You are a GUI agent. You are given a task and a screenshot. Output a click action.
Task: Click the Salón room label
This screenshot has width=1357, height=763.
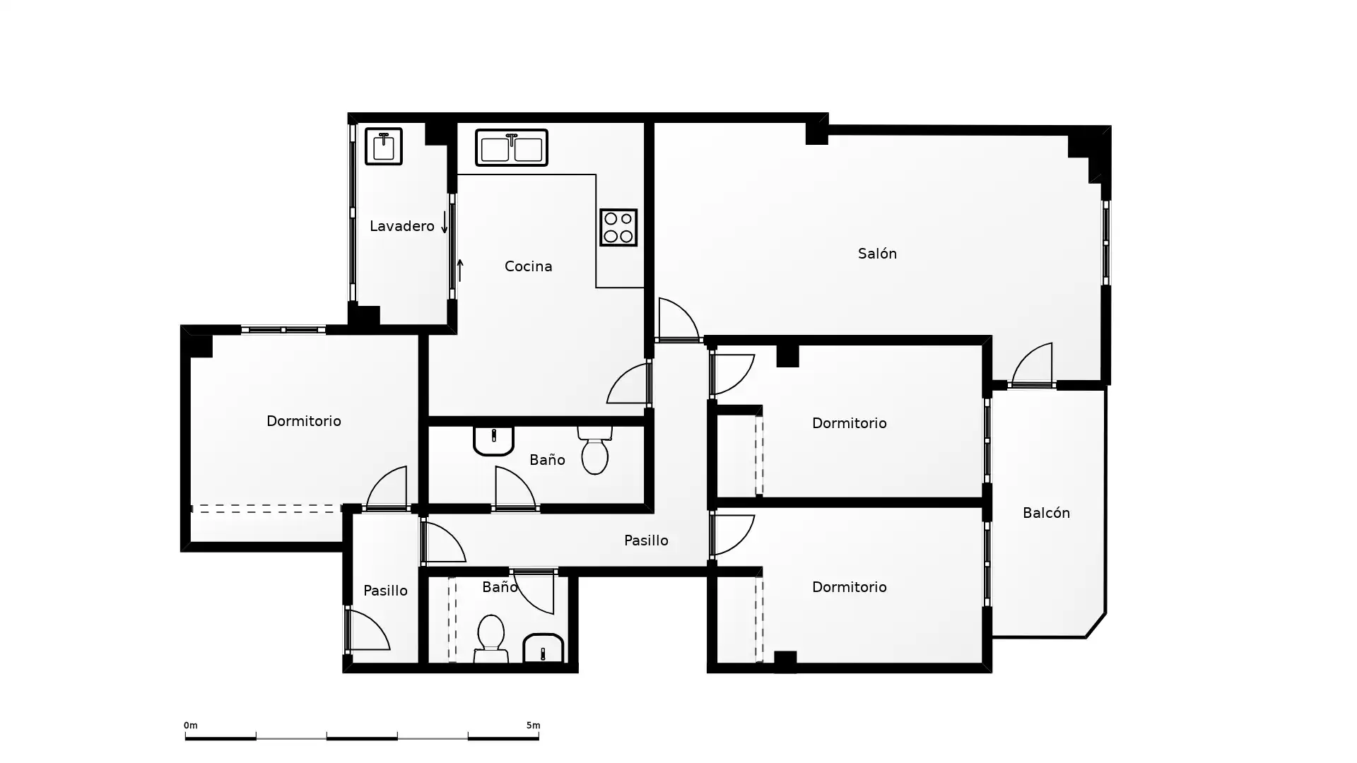[877, 254]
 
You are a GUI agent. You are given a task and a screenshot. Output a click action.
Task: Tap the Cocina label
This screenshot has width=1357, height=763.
[528, 266]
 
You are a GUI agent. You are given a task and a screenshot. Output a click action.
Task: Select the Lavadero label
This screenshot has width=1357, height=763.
[401, 226]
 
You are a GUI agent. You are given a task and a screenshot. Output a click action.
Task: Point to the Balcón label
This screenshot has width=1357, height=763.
[1046, 513]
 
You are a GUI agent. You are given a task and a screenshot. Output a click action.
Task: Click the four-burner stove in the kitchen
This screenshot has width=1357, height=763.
[618, 227]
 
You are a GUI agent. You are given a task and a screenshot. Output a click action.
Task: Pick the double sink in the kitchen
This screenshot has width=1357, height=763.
[512, 147]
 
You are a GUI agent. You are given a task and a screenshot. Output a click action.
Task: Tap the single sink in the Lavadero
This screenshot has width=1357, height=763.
[384, 146]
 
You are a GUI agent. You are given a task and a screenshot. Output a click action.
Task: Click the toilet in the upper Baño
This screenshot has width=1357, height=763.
[594, 450]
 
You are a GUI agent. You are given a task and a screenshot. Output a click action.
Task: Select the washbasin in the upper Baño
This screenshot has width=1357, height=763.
[493, 441]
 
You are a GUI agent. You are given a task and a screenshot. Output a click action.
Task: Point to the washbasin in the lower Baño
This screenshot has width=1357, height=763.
[543, 648]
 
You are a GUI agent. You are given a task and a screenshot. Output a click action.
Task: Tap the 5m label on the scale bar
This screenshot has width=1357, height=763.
[533, 726]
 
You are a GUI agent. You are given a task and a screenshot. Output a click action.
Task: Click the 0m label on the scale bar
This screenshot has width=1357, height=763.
[191, 726]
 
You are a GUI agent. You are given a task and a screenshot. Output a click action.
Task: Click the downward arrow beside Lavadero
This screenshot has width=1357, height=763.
[445, 222]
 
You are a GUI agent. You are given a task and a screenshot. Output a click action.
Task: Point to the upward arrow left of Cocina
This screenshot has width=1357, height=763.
[460, 270]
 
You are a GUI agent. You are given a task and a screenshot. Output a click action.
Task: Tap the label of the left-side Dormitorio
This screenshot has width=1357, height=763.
[304, 421]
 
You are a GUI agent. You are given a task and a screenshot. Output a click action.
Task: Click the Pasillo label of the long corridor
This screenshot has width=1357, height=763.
[646, 540]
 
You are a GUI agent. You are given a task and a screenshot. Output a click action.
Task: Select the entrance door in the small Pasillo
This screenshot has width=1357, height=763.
[368, 630]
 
